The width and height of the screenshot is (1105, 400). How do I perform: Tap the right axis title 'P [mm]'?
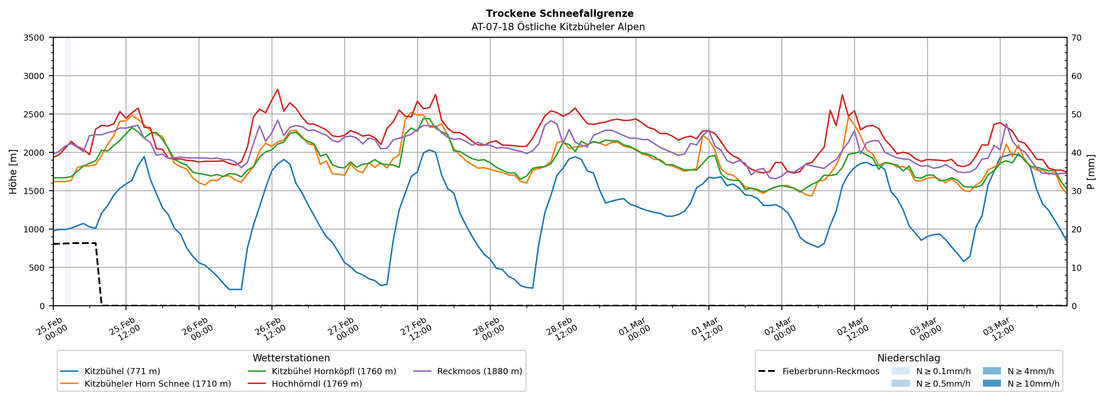(1091, 171)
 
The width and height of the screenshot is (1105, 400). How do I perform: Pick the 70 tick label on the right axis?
(1076, 38)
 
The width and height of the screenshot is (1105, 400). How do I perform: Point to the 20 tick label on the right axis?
(1076, 229)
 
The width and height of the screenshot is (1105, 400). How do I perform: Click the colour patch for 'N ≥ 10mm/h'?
(991, 383)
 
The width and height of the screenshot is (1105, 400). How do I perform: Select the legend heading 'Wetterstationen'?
(291, 358)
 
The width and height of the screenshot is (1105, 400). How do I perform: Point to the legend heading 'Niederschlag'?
(908, 358)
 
